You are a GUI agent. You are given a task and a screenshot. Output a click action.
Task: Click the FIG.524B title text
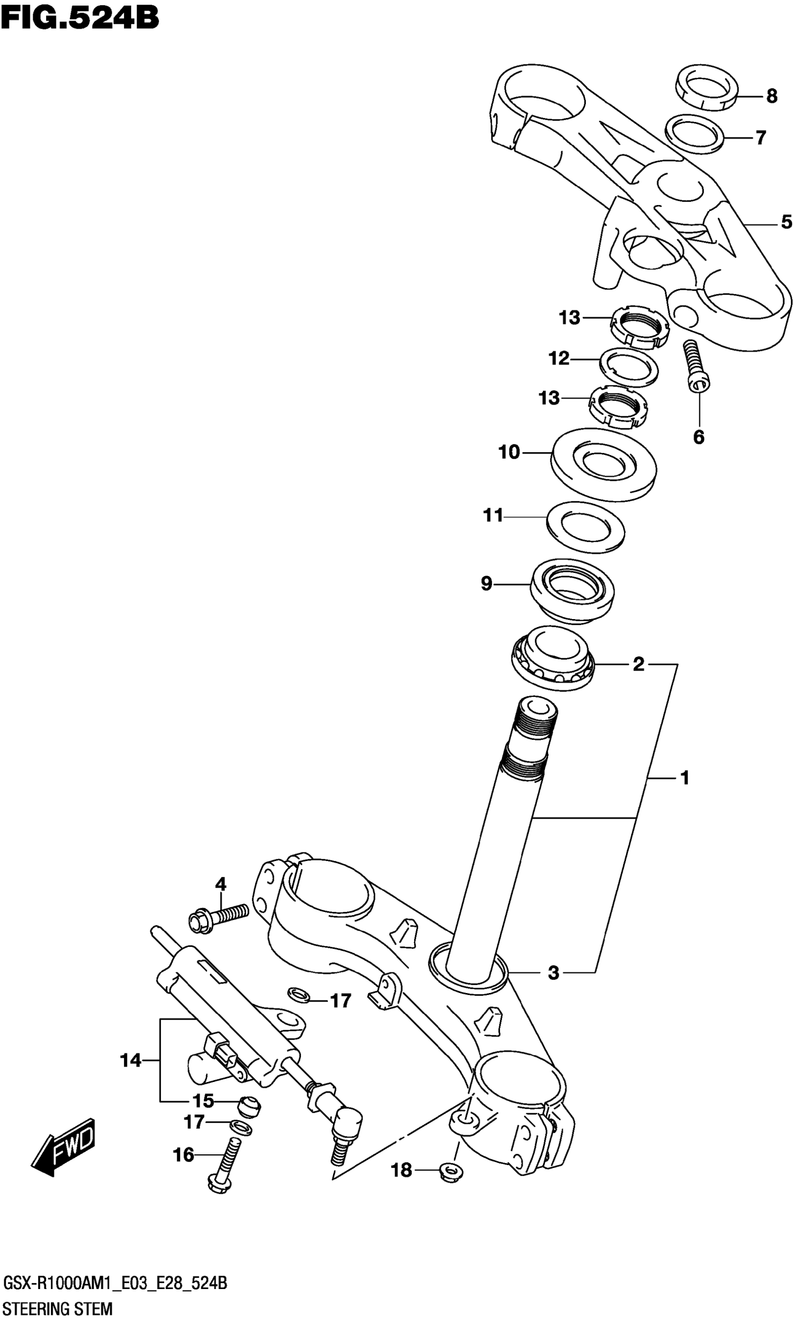pyautogui.click(x=80, y=17)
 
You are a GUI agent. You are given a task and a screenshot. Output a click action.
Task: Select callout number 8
pyautogui.click(x=771, y=97)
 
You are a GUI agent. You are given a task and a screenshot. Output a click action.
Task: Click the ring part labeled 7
pyautogui.click(x=695, y=133)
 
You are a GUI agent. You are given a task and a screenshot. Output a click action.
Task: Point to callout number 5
pyautogui.click(x=786, y=221)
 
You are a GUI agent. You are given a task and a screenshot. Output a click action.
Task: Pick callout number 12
pyautogui.click(x=559, y=359)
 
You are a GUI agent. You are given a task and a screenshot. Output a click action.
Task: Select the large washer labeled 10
pyautogui.click(x=603, y=464)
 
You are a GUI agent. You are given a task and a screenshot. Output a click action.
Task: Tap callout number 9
pyautogui.click(x=486, y=584)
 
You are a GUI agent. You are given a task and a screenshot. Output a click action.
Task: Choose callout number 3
pyautogui.click(x=554, y=972)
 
